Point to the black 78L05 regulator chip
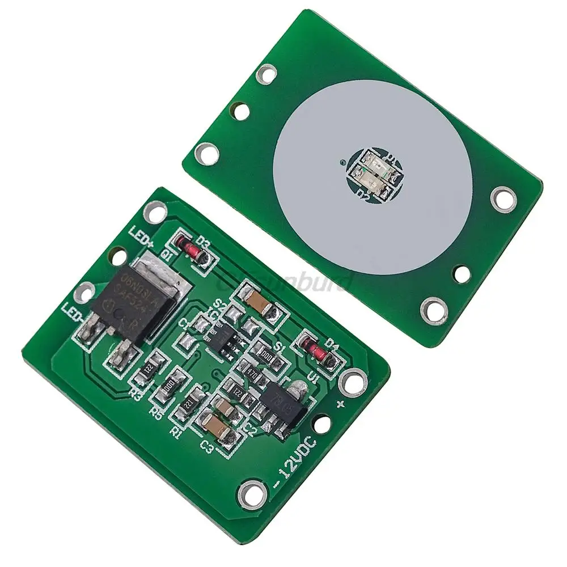tap(281, 404)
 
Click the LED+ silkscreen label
tap(142, 235)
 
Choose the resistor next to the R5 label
tap(171, 387)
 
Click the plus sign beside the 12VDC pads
tap(341, 403)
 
